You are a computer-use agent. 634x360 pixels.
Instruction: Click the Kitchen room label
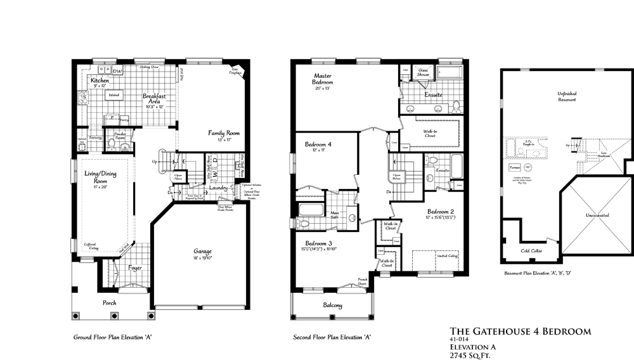tap(100, 81)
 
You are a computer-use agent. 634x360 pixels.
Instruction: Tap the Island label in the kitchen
tap(114, 95)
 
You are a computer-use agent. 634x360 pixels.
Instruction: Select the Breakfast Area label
tap(153, 99)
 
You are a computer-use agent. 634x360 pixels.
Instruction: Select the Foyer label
tap(134, 268)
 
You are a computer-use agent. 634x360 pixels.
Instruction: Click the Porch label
tap(110, 303)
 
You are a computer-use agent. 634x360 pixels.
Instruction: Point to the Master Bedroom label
tap(323, 78)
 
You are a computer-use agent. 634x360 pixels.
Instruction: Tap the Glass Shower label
tap(423, 72)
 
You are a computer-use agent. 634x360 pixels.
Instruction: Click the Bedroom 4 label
tap(318, 145)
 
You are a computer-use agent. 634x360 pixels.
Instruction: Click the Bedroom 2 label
tap(441, 211)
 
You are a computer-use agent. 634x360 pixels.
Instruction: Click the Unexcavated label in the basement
tap(597, 215)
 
